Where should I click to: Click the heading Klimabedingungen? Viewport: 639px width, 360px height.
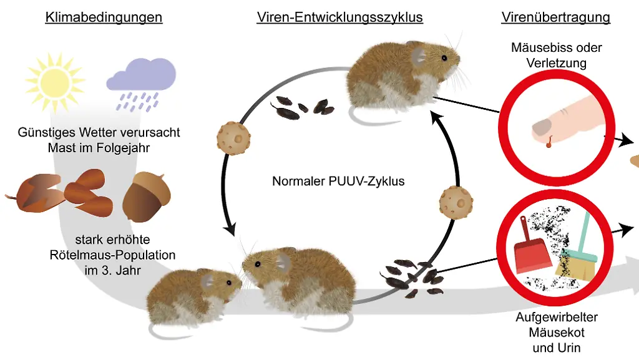(x=104, y=17)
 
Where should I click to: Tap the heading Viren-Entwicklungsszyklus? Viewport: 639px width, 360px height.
(x=339, y=17)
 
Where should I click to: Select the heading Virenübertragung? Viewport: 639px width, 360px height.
(x=555, y=17)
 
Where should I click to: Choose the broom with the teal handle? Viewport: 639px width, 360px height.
(x=574, y=250)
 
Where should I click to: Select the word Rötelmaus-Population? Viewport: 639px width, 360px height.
(x=112, y=255)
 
